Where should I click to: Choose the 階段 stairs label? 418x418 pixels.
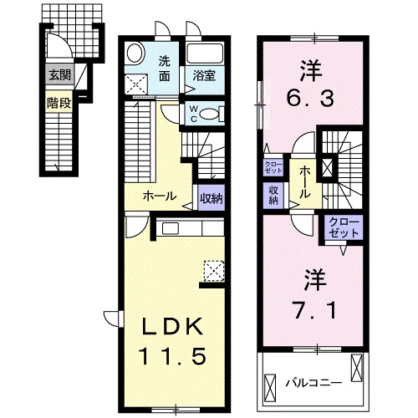coord(59,105)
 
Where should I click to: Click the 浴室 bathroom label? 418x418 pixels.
coord(204,75)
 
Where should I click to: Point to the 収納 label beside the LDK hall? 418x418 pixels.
coord(211,198)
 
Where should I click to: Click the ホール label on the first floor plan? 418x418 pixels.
coord(161,197)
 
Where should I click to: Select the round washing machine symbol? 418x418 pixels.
coord(135,55)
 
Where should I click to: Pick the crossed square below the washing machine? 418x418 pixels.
coord(135,84)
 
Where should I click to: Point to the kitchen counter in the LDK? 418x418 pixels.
coord(189,228)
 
